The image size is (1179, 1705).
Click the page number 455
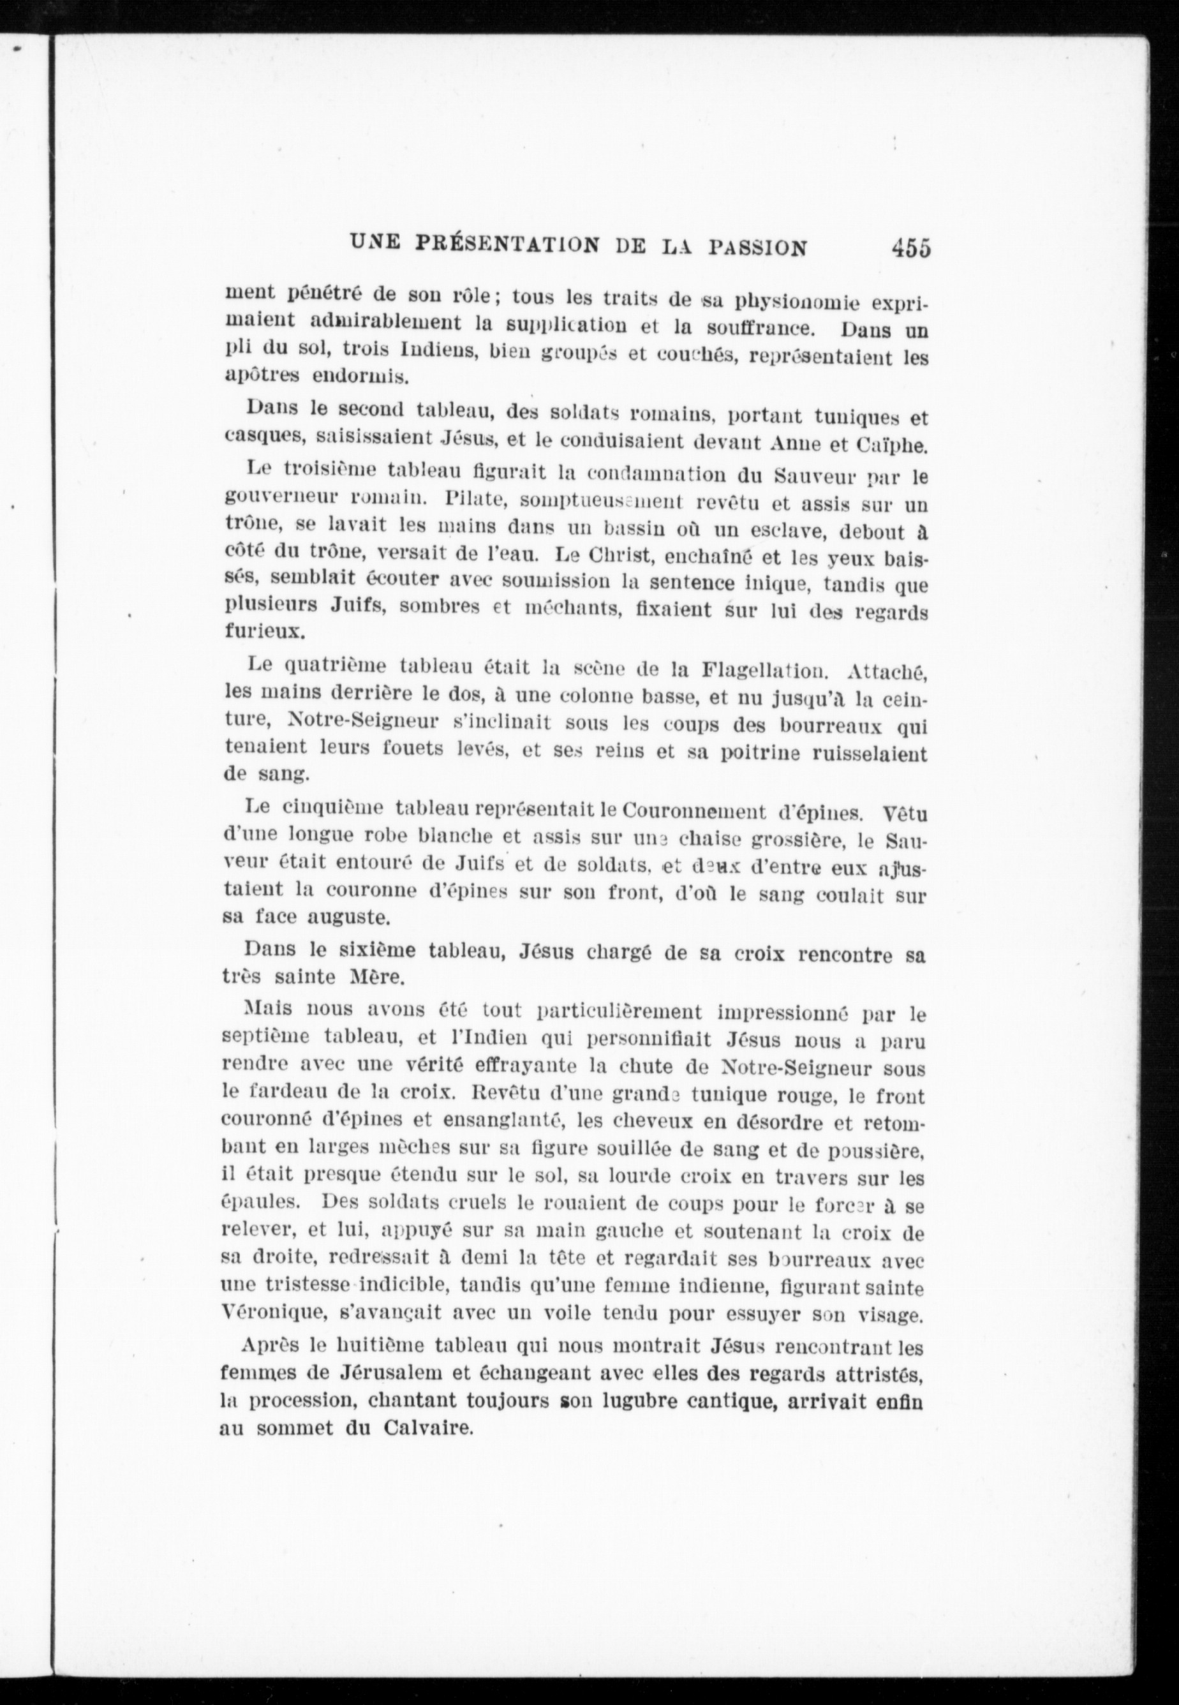coord(910,247)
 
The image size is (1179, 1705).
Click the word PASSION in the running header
coord(757,247)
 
